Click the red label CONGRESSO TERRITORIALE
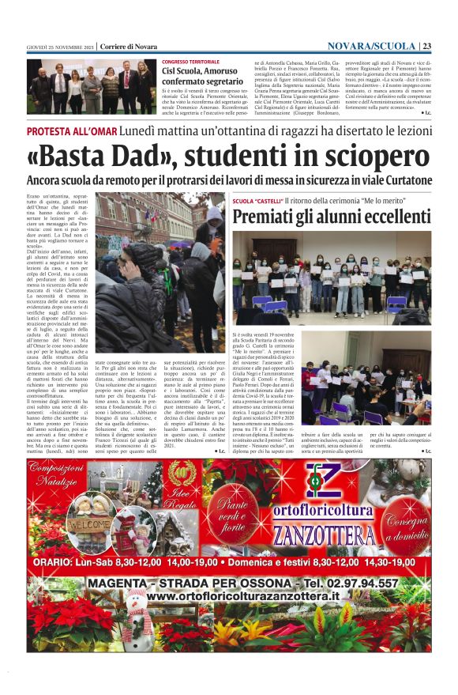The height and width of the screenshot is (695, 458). tap(191, 62)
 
